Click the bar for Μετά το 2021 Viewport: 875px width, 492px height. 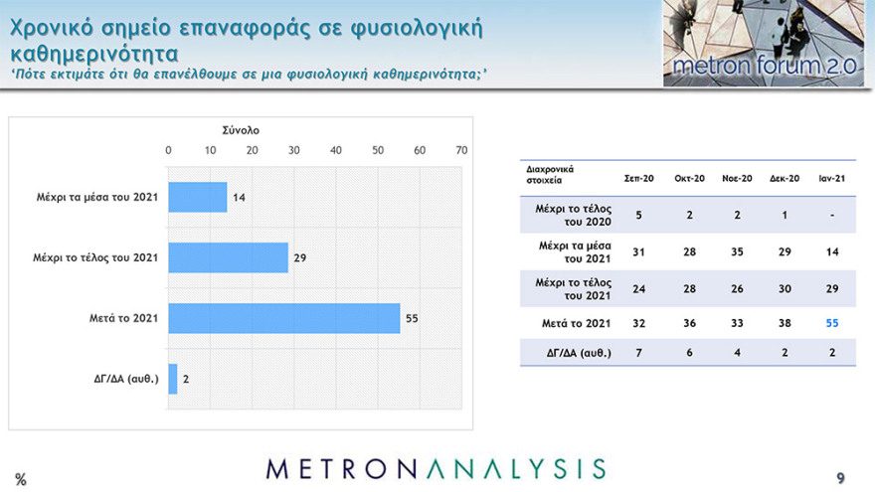[283, 318]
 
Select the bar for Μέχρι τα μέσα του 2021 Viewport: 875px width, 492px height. [198, 197]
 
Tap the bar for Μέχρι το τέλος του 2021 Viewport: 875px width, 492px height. [228, 257]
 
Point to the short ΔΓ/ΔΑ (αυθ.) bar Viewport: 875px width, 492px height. [173, 379]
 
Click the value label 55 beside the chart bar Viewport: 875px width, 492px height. [411, 318]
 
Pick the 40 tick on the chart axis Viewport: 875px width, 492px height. [336, 150]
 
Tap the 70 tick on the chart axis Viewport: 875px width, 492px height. [461, 150]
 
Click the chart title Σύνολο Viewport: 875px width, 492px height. [241, 129]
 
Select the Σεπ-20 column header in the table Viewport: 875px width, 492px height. [638, 178]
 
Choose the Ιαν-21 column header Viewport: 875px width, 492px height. [832, 178]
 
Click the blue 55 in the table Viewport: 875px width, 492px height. [832, 322]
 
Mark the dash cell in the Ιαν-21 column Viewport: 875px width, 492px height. [832, 215]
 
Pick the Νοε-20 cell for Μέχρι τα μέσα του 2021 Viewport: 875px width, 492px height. [736, 251]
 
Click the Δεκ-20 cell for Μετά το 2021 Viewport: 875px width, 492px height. [785, 322]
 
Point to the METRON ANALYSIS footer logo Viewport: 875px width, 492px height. [437, 468]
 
